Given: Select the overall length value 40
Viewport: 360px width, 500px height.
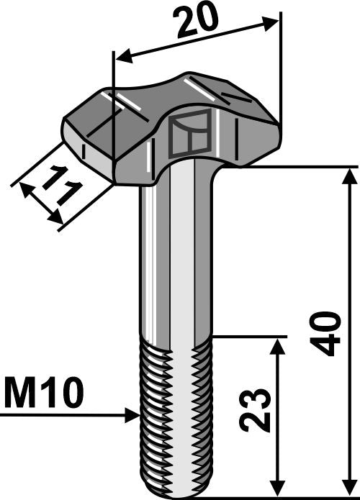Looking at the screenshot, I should point(328,333).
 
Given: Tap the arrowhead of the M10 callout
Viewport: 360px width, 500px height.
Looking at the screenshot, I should point(132,414).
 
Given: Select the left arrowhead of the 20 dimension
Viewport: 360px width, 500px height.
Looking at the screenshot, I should point(121,57).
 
